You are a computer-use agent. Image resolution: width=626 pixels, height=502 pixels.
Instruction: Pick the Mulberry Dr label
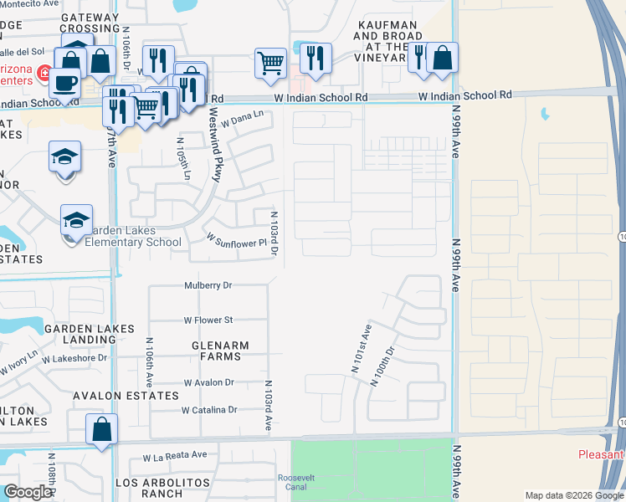point(208,285)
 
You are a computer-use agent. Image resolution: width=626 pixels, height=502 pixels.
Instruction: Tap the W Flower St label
point(208,320)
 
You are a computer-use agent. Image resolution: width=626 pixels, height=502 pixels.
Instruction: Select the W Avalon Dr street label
point(208,382)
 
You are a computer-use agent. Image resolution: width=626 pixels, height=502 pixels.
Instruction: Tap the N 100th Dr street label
point(382,366)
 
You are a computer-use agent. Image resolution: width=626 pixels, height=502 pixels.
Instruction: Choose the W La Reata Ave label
point(174,456)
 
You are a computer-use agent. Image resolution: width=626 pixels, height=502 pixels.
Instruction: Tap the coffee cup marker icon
point(64,81)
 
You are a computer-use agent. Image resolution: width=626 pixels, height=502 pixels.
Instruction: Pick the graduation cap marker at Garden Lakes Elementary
point(76,220)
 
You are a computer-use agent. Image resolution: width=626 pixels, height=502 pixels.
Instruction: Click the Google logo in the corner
point(28,492)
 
